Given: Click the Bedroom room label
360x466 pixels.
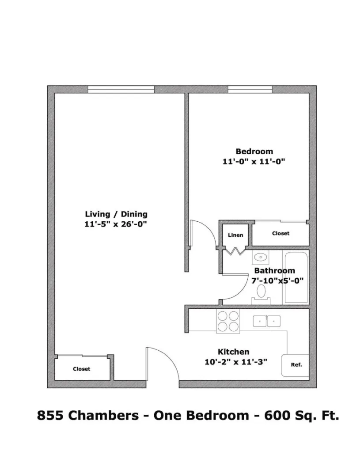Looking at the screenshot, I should coord(254,152).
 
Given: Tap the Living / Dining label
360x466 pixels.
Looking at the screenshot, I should coord(116,214).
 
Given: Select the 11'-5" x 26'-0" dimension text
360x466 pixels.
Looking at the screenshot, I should coord(116,224).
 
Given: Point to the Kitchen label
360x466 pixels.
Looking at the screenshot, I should coord(233,352).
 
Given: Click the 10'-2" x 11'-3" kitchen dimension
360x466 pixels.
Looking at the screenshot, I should coord(236,362).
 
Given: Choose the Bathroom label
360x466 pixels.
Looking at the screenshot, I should coord(274,271).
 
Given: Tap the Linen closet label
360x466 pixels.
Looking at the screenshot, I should coord(235,235).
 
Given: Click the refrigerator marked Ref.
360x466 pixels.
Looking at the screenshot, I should coord(296,365).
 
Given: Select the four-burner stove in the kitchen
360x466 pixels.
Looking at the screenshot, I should coord(227,321).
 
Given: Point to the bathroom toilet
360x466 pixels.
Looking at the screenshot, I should coord(261,292).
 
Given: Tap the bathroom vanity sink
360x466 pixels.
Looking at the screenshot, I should coord(261,256).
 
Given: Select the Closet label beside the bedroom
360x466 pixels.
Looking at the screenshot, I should coord(280,233).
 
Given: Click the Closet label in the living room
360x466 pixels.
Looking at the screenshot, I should coord(81,369).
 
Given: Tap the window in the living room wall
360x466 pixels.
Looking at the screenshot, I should coord(121,89).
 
